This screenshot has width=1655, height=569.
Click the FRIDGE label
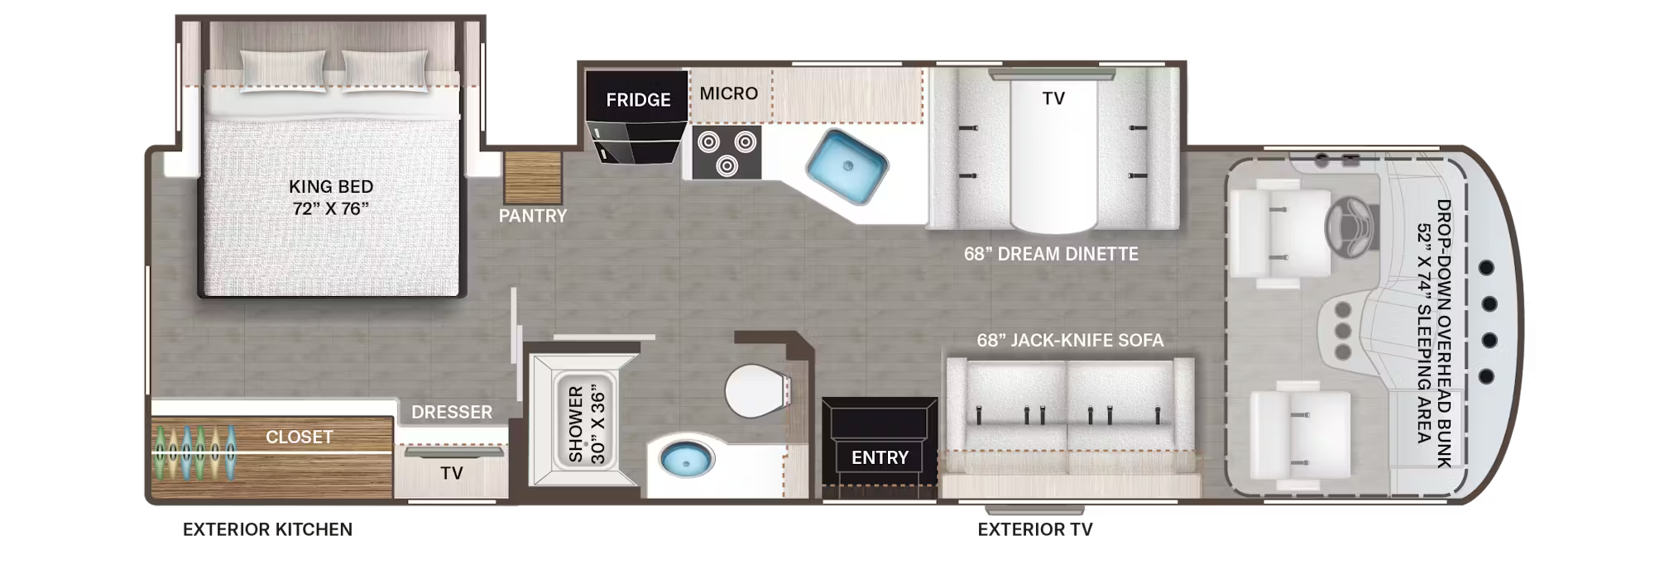638,100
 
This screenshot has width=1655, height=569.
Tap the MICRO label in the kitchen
728,93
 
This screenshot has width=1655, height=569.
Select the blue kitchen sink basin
847,167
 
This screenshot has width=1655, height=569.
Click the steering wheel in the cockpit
1350,225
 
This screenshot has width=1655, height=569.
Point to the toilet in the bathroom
756,390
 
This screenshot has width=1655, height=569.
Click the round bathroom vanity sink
686,458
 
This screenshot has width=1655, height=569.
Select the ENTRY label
880,457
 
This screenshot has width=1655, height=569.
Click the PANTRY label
532,216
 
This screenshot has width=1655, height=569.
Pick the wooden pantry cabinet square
533,177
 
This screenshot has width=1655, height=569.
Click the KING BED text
331,187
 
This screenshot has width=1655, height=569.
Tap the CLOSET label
299,437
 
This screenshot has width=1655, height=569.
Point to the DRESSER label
451,412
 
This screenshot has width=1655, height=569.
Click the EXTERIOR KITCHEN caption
267,529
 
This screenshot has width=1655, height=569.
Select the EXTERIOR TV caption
1034,529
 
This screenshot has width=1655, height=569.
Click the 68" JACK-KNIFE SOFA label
1069,340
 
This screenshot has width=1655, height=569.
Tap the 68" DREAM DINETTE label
1051,254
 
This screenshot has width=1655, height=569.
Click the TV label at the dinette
1053,98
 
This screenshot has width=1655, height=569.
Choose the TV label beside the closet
451,473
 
